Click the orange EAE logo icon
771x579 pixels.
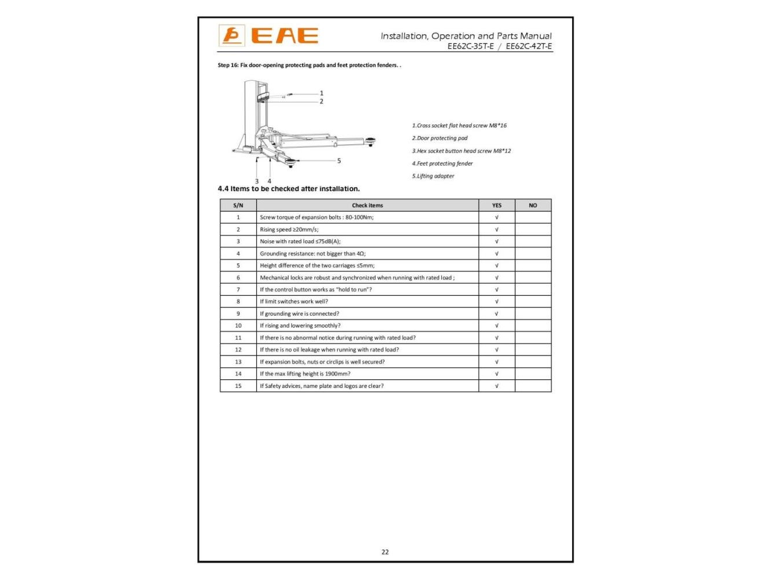pyautogui.click(x=231, y=36)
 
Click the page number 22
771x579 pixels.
pyautogui.click(x=385, y=552)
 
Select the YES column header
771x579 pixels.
pyautogui.click(x=496, y=205)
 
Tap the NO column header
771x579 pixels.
pyautogui.click(x=533, y=205)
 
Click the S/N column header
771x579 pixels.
pyautogui.click(x=238, y=205)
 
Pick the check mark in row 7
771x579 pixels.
pyautogui.click(x=496, y=289)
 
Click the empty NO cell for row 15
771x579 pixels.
pyautogui.click(x=533, y=386)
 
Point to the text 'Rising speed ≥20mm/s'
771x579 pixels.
pyautogui.click(x=289, y=229)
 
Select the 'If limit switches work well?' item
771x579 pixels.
pyautogui.click(x=294, y=302)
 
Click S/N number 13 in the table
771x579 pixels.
pyautogui.click(x=238, y=362)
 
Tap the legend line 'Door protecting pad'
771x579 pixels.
pyautogui.click(x=440, y=138)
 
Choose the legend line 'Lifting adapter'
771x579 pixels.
pyautogui.click(x=433, y=176)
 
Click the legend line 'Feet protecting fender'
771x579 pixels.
pyautogui.click(x=442, y=163)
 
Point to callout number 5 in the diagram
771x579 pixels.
pyautogui.click(x=339, y=161)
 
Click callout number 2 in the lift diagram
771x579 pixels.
pyautogui.click(x=322, y=101)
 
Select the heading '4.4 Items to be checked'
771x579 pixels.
pyautogui.click(x=289, y=189)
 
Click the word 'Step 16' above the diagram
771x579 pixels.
pyautogui.click(x=227, y=65)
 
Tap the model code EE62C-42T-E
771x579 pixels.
pyautogui.click(x=529, y=46)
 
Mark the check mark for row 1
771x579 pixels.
pyautogui.click(x=496, y=217)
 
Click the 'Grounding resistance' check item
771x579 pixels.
pyautogui.click(x=312, y=254)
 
